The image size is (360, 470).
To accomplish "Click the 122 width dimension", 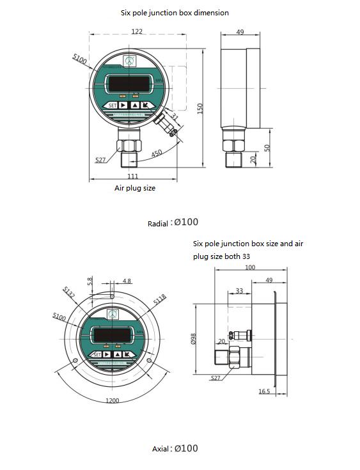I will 137,31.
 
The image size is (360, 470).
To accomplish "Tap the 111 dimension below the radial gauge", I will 132,176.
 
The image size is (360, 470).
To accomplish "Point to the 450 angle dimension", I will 156,154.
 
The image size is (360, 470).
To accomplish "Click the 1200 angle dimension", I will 112,400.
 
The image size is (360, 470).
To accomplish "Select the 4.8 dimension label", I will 127,281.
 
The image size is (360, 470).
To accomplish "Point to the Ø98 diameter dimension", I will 193,338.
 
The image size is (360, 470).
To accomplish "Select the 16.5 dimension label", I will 264,391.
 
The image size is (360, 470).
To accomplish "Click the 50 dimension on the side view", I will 268,148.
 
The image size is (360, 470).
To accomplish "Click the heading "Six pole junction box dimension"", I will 175,12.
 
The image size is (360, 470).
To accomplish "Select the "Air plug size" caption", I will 135,188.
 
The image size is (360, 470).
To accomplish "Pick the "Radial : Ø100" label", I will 173,223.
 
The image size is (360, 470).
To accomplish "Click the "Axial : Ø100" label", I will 175,448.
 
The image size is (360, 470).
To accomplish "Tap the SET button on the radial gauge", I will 112,106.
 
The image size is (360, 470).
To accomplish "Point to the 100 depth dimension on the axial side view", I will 250,267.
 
